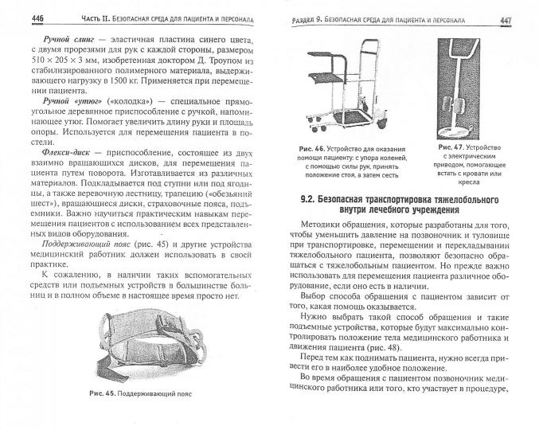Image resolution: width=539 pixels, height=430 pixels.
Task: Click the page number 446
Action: pyautogui.click(x=17, y=18)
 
